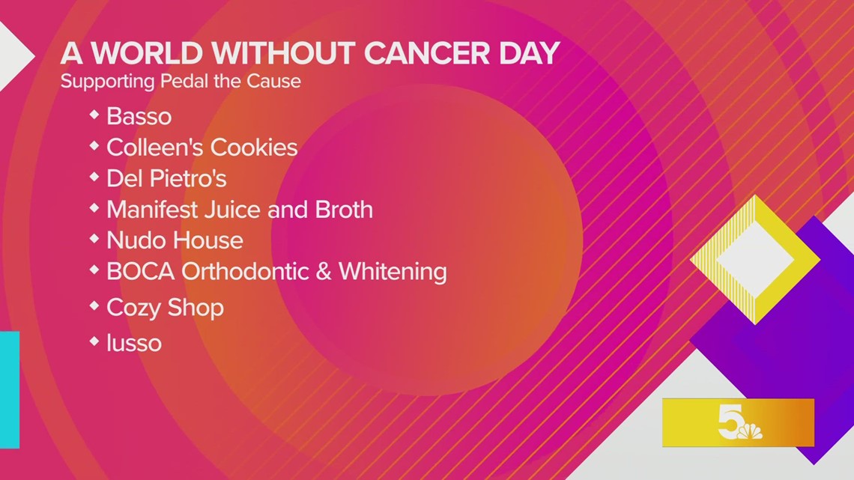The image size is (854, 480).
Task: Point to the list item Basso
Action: (x=139, y=116)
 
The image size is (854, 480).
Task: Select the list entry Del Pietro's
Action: (x=166, y=179)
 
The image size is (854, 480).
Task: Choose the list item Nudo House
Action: (x=175, y=240)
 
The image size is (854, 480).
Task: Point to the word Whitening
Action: (x=393, y=271)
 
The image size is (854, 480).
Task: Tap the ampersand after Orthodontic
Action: (x=324, y=271)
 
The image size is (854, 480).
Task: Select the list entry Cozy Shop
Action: (x=165, y=308)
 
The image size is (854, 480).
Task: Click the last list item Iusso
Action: (x=134, y=343)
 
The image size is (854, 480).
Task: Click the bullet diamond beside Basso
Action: (x=94, y=115)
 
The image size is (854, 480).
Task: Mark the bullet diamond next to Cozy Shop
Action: (x=94, y=306)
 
